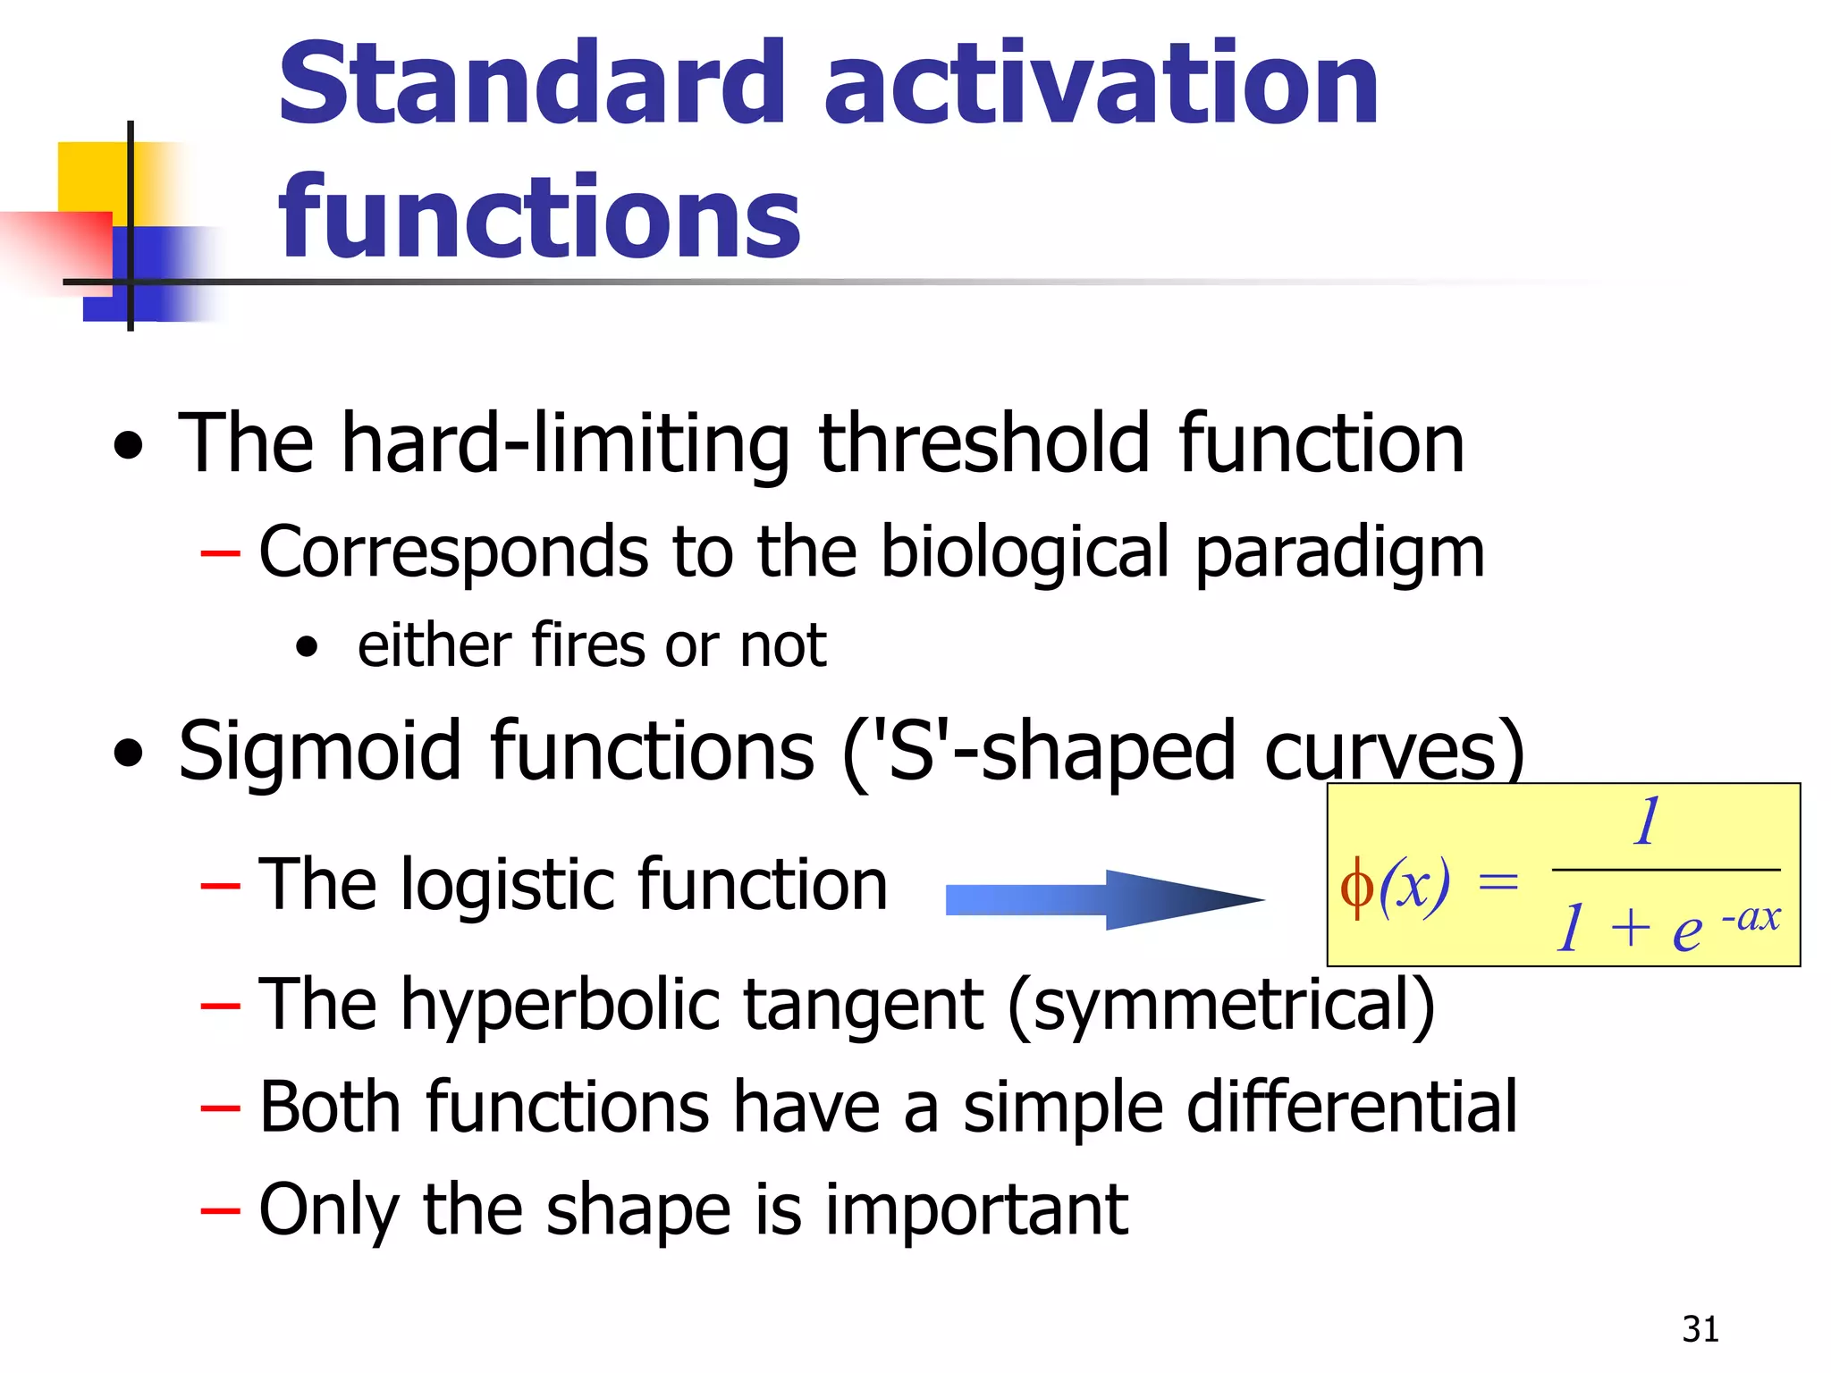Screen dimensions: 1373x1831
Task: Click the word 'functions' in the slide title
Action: (x=539, y=217)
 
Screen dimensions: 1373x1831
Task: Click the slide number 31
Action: (x=1700, y=1329)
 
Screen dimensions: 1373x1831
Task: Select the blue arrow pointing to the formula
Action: (x=1104, y=899)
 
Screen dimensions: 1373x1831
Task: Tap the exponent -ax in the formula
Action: (x=1750, y=916)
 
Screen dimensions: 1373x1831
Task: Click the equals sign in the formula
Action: (x=1498, y=883)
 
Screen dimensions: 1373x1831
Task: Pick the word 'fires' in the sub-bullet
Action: (x=590, y=645)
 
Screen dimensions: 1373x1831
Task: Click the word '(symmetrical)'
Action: (x=1221, y=1005)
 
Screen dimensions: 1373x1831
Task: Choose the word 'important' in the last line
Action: (x=975, y=1209)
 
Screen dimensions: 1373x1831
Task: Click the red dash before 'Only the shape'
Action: (x=220, y=1211)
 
